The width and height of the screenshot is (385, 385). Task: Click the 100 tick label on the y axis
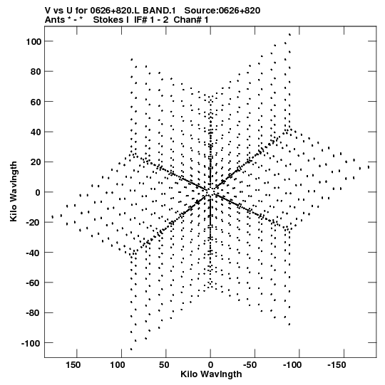[x=34, y=41]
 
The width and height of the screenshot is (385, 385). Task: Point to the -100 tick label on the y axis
[x=31, y=343]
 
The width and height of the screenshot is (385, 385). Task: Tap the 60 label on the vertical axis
[x=36, y=102]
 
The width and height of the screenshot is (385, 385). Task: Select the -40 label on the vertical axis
[x=34, y=253]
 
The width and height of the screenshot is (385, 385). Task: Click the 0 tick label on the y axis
[x=38, y=192]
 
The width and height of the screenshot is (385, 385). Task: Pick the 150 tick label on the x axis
[x=73, y=365]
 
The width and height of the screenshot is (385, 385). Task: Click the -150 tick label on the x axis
[x=337, y=365]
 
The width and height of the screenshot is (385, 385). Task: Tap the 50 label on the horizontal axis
[x=164, y=365]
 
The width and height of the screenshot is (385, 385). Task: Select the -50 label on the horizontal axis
[x=250, y=365]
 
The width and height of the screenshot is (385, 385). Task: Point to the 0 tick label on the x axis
[x=210, y=365]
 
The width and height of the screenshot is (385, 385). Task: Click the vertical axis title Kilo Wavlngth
[x=14, y=191]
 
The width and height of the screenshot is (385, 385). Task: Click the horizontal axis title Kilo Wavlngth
[x=211, y=374]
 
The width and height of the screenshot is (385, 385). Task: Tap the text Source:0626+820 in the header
[x=222, y=11]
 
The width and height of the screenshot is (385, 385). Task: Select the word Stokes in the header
[x=108, y=20]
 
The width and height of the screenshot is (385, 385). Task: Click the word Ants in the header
[x=55, y=20]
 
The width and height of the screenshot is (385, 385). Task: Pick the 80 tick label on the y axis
[x=36, y=72]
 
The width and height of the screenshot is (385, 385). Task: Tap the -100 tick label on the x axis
[x=292, y=365]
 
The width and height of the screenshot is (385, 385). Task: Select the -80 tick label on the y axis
[x=34, y=313]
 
